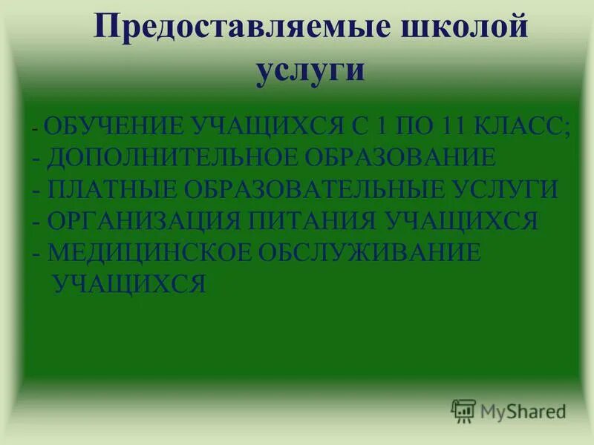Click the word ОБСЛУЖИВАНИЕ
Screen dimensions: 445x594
point(370,252)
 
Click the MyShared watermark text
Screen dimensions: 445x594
point(522,410)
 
